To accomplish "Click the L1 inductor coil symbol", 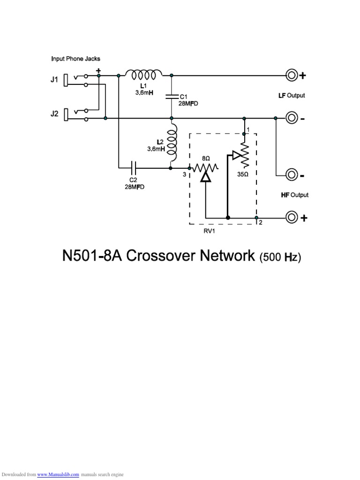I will (x=144, y=74).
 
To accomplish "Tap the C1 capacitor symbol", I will (x=172, y=97).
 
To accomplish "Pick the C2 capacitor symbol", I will (x=134, y=166).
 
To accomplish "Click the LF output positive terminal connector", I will (x=292, y=75).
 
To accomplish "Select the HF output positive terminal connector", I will (x=292, y=217).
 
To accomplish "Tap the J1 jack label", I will (x=54, y=80).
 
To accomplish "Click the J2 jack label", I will (x=54, y=114).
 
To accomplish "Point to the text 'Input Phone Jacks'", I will (x=75, y=59).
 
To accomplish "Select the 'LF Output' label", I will (x=292, y=96).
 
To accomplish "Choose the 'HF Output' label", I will (x=294, y=195).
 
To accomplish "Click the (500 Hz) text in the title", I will (x=279, y=257).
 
